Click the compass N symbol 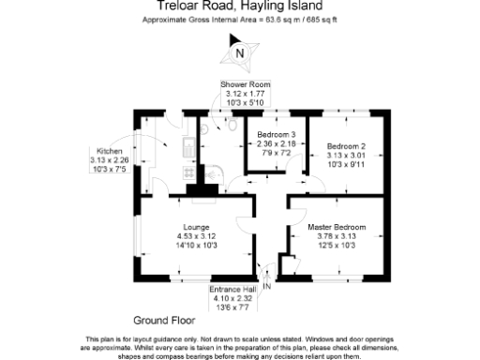coord(240,54)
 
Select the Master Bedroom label coord(337,227)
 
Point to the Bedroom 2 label coord(345,145)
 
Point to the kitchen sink coord(188,145)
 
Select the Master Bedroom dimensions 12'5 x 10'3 coord(337,246)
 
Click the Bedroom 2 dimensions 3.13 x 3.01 coord(345,155)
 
